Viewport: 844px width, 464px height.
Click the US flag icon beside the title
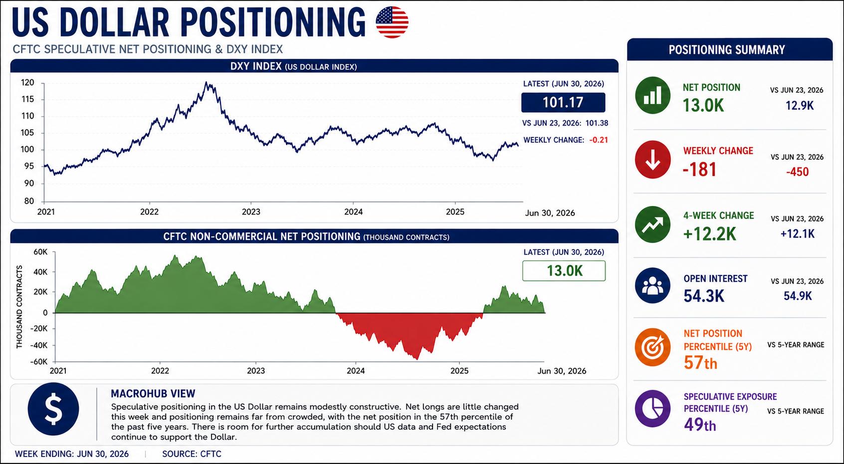pos(392,22)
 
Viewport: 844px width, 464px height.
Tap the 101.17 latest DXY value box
pos(563,102)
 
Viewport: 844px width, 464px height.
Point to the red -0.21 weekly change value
pos(599,140)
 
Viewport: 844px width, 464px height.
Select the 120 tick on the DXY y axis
pos(27,82)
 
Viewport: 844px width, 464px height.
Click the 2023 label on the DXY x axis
pos(251,212)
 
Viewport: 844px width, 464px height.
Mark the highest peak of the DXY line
pos(206,82)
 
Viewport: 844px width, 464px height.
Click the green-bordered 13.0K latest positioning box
pos(564,270)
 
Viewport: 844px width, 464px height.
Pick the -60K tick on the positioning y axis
pos(39,362)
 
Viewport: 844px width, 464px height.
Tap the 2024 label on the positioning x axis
pos(356,371)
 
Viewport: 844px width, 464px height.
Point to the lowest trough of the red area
pos(417,359)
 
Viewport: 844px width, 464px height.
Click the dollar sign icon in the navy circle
pos(53,409)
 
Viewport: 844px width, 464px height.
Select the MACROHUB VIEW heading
pos(153,394)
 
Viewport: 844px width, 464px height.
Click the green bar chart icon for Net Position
pos(652,95)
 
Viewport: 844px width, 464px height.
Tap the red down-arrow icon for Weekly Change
pos(652,160)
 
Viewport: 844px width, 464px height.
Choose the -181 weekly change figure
pos(699,170)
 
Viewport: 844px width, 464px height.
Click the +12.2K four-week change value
pos(709,234)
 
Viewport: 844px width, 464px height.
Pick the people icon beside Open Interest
pos(652,286)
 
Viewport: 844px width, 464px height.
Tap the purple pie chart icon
pos(652,409)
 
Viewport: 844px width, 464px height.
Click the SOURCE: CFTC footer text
pos(192,454)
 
